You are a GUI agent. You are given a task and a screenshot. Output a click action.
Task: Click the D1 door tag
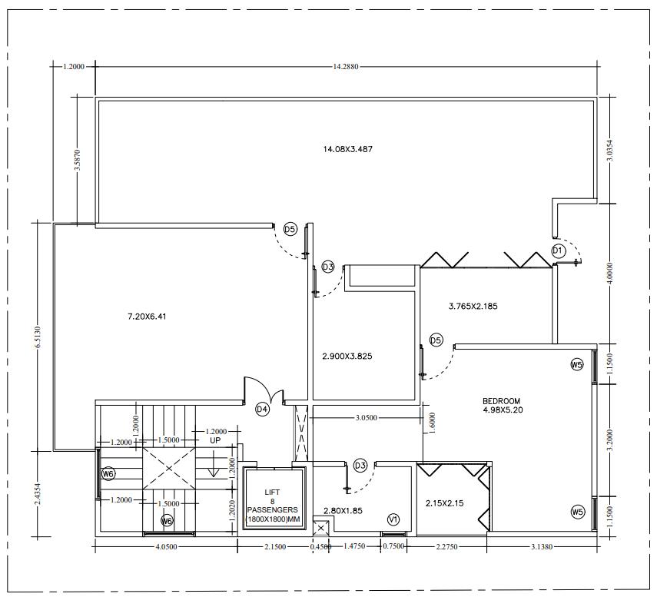[558, 251]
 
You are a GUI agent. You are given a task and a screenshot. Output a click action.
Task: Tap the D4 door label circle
[262, 410]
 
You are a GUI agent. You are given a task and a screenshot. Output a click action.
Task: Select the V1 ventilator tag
[393, 520]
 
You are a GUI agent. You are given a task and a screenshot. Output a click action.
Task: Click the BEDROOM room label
[502, 401]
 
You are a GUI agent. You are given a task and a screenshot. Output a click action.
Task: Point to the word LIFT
[272, 493]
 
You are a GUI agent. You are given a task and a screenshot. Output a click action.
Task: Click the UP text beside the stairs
[215, 440]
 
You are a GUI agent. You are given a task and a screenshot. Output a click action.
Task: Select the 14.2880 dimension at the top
[346, 66]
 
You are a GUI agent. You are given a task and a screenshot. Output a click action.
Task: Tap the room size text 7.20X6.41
[147, 317]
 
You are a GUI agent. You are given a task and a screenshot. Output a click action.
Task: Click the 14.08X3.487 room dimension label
[348, 149]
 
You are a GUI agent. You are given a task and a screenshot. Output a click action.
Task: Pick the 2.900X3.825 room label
[347, 357]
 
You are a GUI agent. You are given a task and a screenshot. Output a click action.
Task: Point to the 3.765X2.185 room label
[473, 307]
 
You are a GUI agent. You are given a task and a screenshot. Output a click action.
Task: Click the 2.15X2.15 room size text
[445, 503]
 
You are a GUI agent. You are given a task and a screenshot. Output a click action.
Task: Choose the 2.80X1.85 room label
[343, 511]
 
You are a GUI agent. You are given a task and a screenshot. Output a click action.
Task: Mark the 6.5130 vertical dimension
[38, 337]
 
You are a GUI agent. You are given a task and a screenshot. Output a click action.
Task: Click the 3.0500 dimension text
[367, 418]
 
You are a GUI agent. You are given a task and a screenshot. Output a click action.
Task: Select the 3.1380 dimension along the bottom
[542, 546]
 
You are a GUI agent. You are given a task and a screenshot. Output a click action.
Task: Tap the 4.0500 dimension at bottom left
[166, 546]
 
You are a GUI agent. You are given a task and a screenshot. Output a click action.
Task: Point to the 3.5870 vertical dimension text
[78, 160]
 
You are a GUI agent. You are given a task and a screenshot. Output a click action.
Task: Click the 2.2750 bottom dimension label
[446, 546]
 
